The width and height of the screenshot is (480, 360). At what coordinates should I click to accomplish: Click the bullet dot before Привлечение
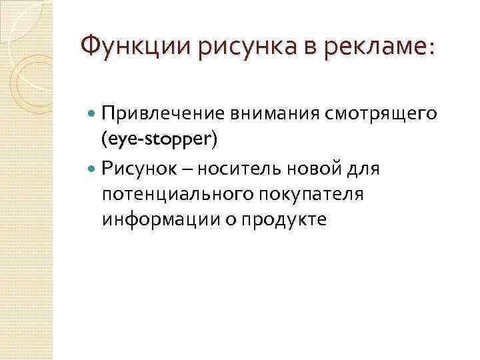[x=92, y=115]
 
